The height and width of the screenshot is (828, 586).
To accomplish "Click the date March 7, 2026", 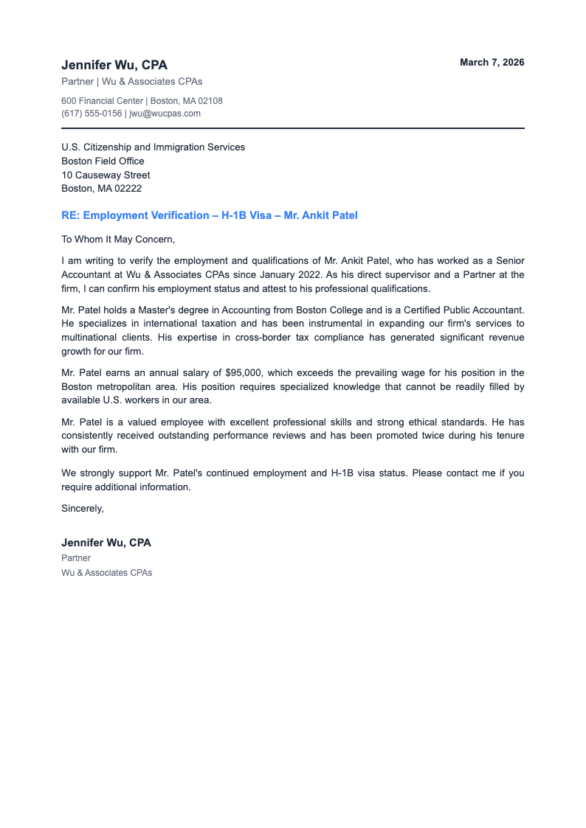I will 492,63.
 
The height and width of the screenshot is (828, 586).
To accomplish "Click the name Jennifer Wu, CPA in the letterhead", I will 114,66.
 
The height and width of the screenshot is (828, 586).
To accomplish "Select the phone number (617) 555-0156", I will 92,114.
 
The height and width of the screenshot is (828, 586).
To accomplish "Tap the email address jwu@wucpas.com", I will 165,114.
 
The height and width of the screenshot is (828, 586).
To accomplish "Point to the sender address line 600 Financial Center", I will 103,100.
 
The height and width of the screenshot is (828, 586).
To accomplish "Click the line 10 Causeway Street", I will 106,175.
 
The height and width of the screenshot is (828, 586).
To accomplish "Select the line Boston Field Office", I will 103,161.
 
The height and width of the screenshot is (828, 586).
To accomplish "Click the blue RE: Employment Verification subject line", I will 209,215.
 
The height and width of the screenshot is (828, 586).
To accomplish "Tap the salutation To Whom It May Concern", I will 118,239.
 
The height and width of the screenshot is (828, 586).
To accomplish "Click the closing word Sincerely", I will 83,508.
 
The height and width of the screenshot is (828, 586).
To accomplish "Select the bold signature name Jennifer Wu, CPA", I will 106,543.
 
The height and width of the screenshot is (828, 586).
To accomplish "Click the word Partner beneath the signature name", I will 76,558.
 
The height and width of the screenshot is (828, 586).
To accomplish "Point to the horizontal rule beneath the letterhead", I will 293,128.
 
